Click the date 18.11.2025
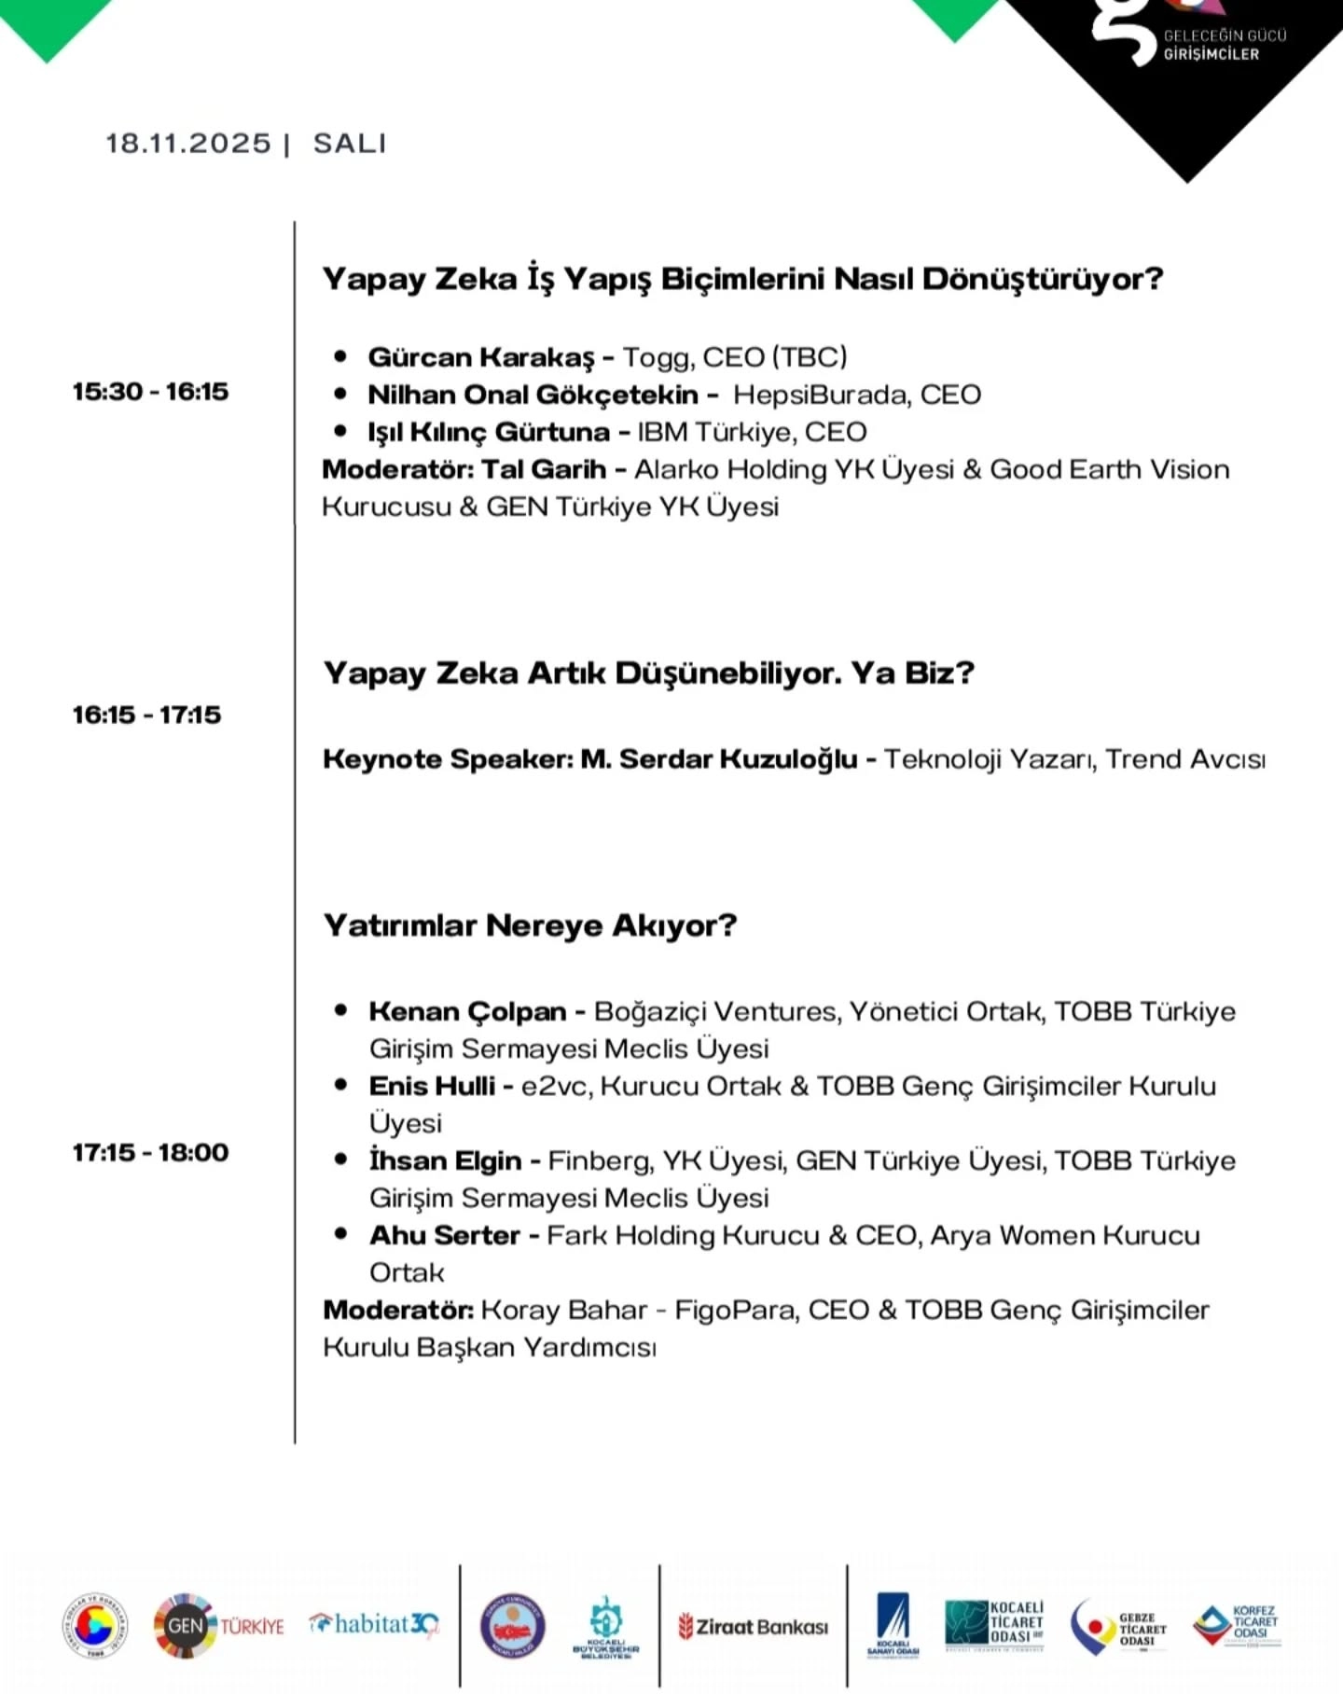click(187, 144)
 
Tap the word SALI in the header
click(350, 144)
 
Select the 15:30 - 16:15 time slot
click(150, 391)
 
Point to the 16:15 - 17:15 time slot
click(147, 715)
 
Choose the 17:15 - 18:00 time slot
click(150, 1152)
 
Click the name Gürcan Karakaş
click(480, 357)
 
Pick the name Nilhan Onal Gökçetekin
click(533, 395)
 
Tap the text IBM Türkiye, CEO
click(752, 432)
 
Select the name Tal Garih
click(544, 469)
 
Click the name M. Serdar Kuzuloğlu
click(718, 759)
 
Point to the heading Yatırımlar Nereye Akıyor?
click(530, 925)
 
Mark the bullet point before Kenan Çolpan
click(341, 1010)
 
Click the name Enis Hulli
click(432, 1086)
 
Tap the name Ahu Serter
click(444, 1235)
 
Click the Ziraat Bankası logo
click(754, 1627)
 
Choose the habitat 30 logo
click(373, 1625)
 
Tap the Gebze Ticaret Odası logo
click(1119, 1627)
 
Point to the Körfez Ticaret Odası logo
click(1237, 1625)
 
